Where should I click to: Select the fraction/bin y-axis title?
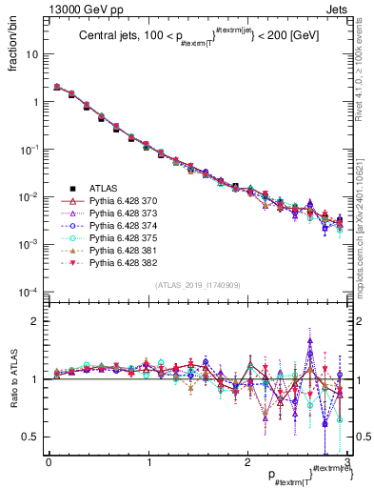click(x=13, y=43)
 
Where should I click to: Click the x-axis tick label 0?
click(x=49, y=464)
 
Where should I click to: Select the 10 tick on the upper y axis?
click(x=32, y=54)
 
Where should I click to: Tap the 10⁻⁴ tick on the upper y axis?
click(x=29, y=292)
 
